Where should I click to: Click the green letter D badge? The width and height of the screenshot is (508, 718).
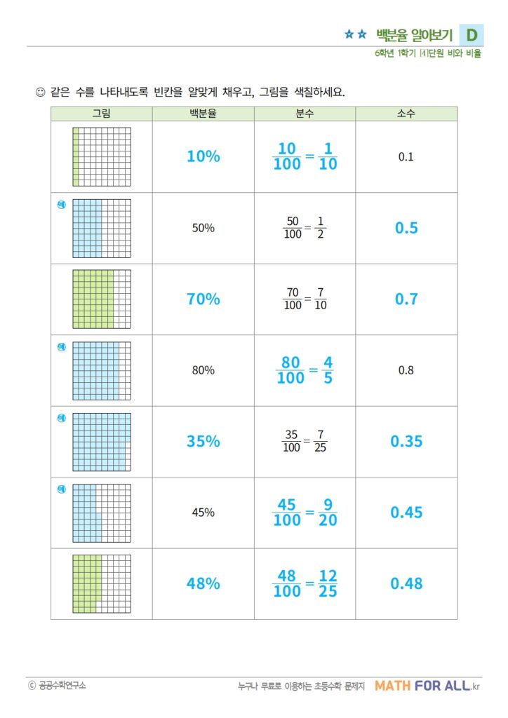click(x=472, y=34)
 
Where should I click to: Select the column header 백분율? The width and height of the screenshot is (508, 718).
click(x=203, y=114)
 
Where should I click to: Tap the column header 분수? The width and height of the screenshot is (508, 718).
click(x=305, y=114)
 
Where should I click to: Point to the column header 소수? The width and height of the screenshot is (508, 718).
click(x=406, y=114)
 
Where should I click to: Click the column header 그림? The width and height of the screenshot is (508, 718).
click(x=102, y=114)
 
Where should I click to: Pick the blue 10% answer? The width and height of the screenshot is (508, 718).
click(x=203, y=157)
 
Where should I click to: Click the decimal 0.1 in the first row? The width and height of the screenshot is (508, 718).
click(x=406, y=157)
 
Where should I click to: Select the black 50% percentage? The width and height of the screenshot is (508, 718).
click(x=203, y=228)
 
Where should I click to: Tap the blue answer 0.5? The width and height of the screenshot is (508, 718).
click(x=406, y=228)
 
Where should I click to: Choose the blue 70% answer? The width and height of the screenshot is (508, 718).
click(x=203, y=299)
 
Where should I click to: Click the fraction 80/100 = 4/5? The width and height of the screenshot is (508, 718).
click(x=305, y=370)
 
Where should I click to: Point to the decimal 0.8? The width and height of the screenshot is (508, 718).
click(x=406, y=370)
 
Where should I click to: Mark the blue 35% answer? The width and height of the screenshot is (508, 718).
click(x=203, y=442)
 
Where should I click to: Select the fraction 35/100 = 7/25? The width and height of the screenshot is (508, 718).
click(x=305, y=442)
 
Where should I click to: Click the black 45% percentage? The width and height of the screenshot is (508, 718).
click(x=203, y=513)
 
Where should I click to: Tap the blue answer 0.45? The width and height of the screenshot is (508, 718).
click(x=406, y=513)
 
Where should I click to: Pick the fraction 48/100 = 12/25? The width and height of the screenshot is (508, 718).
click(x=305, y=583)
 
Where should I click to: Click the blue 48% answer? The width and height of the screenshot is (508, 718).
click(x=203, y=583)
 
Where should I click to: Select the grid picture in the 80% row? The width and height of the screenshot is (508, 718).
click(x=102, y=370)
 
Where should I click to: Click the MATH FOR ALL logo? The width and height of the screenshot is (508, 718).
click(x=427, y=686)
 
